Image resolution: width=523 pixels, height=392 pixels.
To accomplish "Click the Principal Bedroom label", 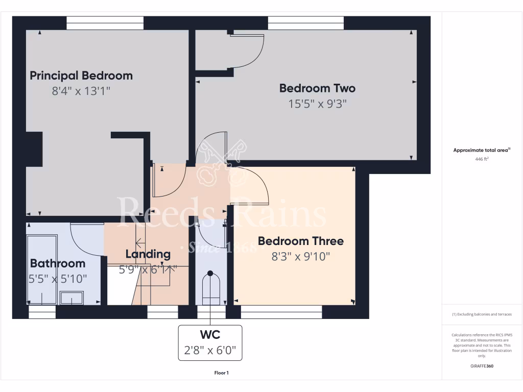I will click(81, 76).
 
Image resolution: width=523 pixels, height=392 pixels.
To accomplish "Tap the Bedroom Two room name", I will click(317, 88).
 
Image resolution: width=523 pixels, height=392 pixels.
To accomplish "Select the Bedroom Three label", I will click(300, 241).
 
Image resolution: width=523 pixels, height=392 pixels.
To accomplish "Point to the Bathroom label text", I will click(57, 263).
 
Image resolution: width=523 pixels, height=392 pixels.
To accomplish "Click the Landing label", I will click(148, 254).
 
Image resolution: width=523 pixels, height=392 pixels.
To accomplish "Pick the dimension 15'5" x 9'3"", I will click(317, 104).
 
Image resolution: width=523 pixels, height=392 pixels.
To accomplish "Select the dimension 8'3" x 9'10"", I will click(300, 256).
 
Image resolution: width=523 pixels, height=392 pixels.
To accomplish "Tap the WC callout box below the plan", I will click(210, 342).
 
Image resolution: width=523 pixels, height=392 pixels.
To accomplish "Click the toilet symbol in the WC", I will click(210, 288).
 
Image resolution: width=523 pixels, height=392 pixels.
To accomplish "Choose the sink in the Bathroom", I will click(71, 298).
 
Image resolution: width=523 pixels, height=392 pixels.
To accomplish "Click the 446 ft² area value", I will click(482, 159).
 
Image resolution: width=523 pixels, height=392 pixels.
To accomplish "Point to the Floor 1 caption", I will click(221, 373).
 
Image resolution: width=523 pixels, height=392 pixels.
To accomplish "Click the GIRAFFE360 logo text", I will click(482, 366).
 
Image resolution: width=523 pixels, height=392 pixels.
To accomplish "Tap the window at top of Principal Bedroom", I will click(105, 23).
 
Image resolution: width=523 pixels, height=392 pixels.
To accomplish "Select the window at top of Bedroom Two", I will click(306, 23).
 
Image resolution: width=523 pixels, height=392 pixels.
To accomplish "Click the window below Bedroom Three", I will click(281, 311).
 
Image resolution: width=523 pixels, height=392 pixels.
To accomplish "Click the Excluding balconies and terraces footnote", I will click(482, 314).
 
